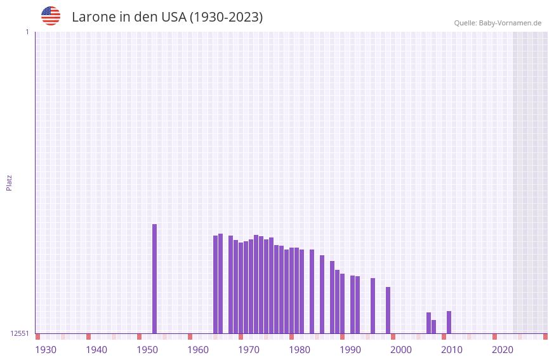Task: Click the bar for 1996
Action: click(373, 305)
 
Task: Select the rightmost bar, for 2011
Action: click(449, 322)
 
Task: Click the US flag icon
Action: click(51, 17)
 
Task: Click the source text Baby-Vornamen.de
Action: click(510, 23)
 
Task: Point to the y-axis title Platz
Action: click(9, 182)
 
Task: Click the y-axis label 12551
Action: click(20, 333)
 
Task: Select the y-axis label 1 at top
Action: click(27, 32)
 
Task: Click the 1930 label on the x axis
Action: click(46, 350)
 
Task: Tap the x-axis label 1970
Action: click(249, 350)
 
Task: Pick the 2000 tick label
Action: click(401, 350)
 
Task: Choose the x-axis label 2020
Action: click(503, 350)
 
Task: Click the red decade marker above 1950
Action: click(139, 337)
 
